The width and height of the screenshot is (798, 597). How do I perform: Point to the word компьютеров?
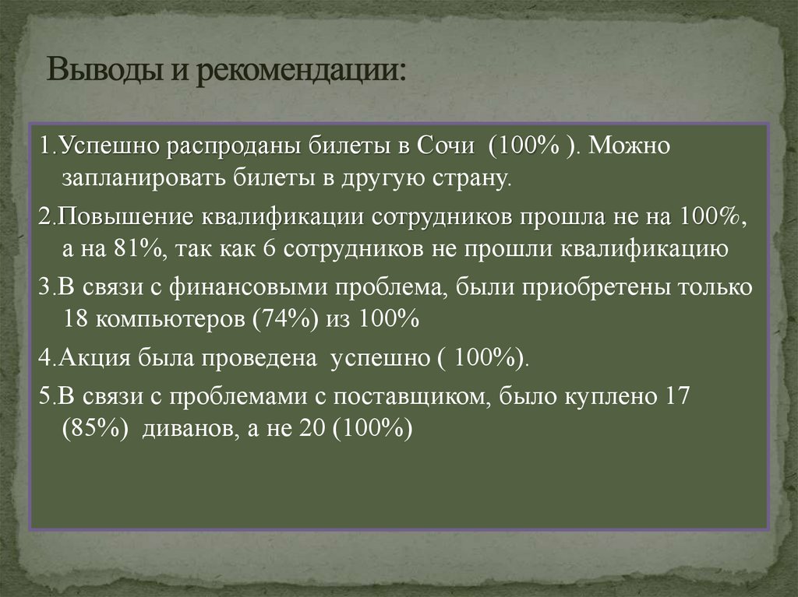click(167, 320)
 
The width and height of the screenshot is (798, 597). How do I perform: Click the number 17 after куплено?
click(672, 395)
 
